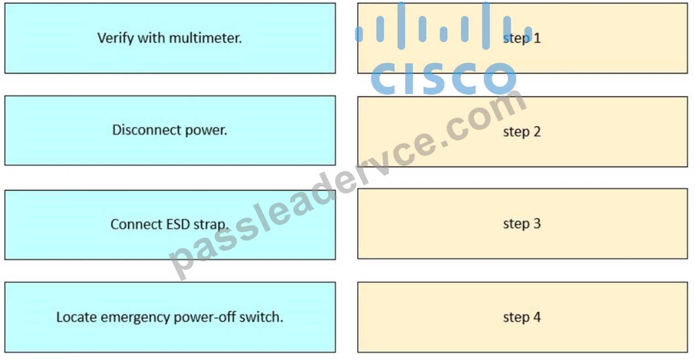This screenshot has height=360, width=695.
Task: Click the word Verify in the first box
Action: [x=116, y=38]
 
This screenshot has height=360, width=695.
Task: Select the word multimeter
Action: [x=205, y=38]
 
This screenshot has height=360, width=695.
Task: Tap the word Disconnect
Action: [x=147, y=130]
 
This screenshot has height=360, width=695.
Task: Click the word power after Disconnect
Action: [x=206, y=130]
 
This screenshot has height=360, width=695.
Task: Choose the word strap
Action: [x=211, y=224]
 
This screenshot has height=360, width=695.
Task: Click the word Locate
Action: [x=76, y=317]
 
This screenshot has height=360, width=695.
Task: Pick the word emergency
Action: [x=135, y=318]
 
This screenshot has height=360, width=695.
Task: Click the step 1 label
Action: [x=522, y=38]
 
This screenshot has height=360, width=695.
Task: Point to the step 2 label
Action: [x=522, y=132]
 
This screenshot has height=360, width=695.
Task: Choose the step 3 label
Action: [x=522, y=224]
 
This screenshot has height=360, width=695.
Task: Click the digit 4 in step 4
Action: [x=537, y=317]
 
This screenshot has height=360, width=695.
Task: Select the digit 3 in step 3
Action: [x=537, y=223]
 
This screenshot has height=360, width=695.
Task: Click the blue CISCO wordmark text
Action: [x=444, y=78]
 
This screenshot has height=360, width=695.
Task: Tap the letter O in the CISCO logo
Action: [x=500, y=78]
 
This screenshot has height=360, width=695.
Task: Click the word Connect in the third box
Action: [x=136, y=224]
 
